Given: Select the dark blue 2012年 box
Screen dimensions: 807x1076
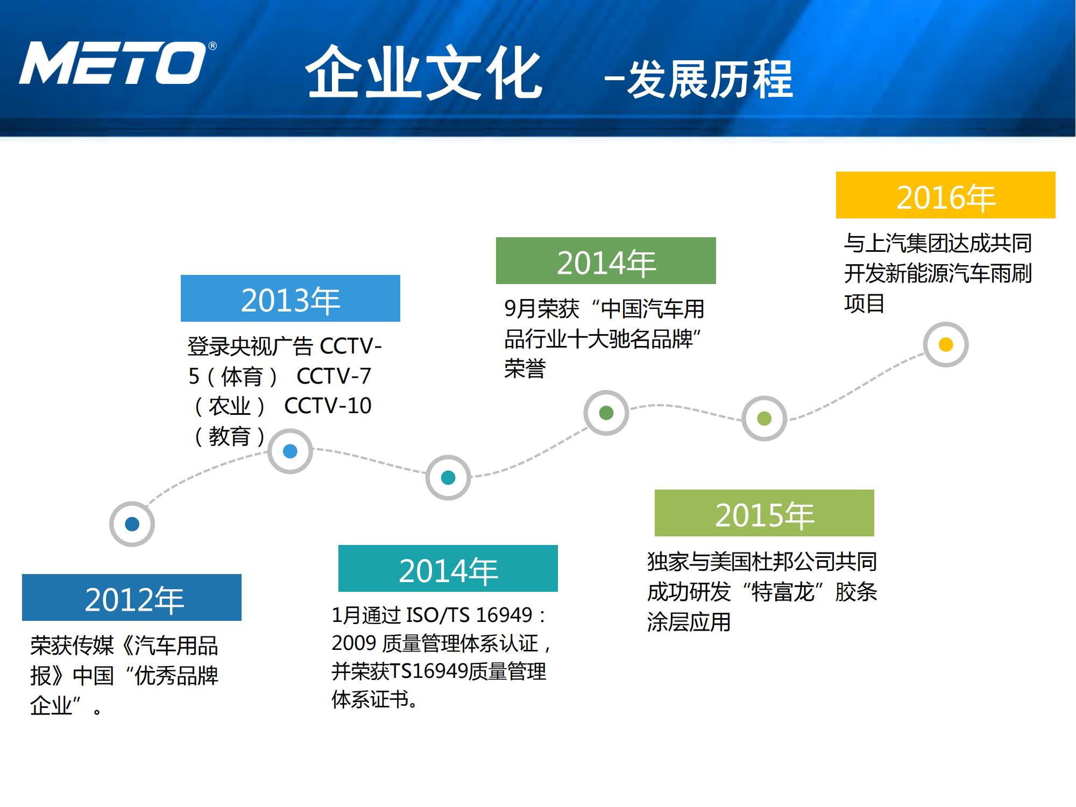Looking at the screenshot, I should point(132,598).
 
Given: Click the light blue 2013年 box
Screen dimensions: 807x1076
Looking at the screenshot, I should point(291,299).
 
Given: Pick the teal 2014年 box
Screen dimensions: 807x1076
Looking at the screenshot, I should point(448,569).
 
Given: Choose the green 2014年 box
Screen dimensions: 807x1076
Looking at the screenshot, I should point(606,261).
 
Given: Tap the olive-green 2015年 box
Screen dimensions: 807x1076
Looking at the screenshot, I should point(764,513).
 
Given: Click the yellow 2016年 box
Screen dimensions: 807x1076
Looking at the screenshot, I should point(945,195).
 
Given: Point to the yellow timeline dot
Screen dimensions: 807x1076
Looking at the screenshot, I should point(945,344).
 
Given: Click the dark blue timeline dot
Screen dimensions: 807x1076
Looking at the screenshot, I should point(132,524).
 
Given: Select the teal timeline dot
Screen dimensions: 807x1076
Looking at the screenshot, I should point(448,477).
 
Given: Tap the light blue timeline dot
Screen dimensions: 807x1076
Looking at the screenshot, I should point(290,451).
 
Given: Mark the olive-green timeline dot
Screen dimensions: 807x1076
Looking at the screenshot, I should point(764,418).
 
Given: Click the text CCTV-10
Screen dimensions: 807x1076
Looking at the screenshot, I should point(328,406).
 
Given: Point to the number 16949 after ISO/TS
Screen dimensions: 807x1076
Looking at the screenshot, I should point(504,614).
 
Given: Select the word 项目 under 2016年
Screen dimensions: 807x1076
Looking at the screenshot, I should point(864,303).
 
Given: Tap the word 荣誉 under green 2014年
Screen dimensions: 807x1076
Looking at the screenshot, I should point(525,369).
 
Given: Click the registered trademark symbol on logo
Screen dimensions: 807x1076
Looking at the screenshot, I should point(213,46).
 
